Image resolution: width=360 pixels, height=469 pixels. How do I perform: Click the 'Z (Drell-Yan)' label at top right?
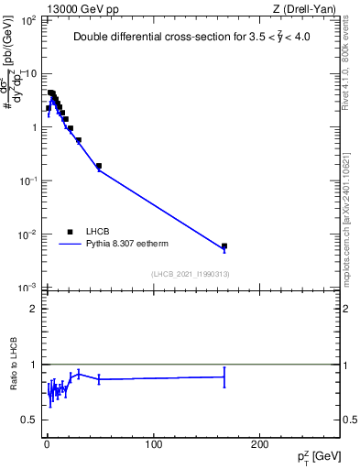click(303, 10)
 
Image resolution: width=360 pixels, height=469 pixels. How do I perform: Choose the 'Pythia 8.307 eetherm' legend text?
click(127, 245)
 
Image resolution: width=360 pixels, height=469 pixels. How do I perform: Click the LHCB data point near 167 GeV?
click(224, 245)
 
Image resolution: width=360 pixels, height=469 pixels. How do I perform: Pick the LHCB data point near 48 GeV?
click(98, 166)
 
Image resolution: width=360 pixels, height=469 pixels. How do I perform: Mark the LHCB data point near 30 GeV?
click(79, 140)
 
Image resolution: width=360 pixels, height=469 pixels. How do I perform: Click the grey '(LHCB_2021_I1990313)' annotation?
click(190, 275)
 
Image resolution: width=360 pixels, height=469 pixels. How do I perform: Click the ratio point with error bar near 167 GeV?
click(224, 376)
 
